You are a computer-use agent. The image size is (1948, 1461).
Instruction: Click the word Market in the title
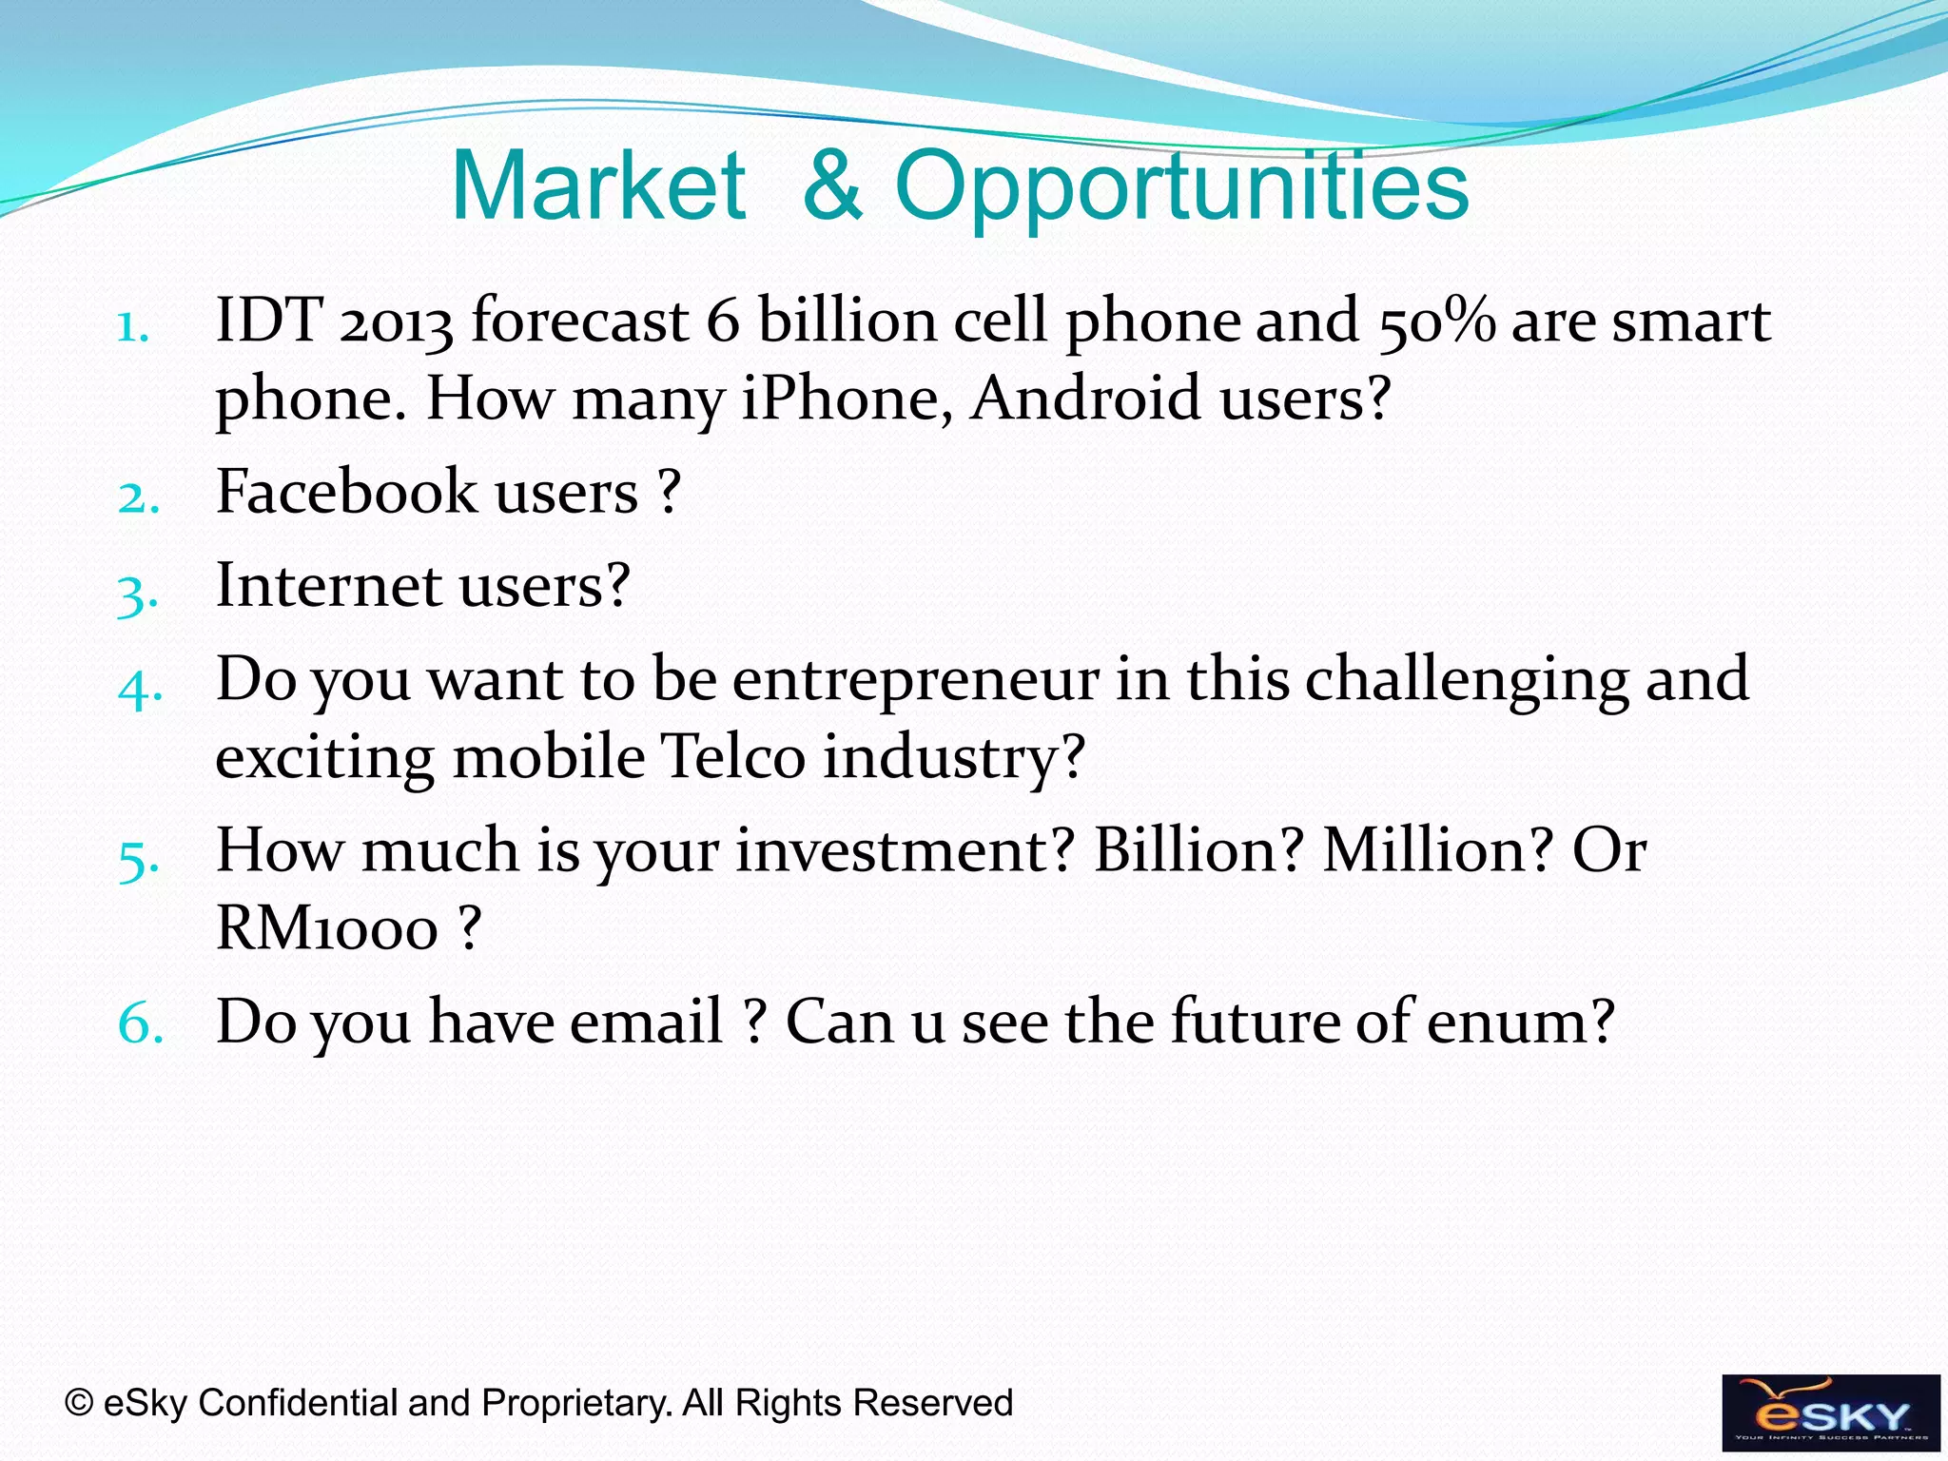click(598, 186)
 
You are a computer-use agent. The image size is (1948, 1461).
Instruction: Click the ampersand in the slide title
click(832, 186)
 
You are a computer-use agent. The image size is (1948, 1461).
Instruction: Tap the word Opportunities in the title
click(1181, 188)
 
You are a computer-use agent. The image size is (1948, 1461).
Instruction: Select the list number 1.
click(133, 328)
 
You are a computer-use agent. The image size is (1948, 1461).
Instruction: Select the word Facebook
click(346, 493)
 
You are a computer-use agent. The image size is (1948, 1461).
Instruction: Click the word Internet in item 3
click(328, 585)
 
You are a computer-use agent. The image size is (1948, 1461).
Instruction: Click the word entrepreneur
click(915, 680)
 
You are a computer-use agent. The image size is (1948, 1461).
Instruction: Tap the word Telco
click(732, 757)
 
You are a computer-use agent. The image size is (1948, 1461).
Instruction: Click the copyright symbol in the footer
click(79, 1403)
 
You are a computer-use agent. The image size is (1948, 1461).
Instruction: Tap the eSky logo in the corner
click(1830, 1412)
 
